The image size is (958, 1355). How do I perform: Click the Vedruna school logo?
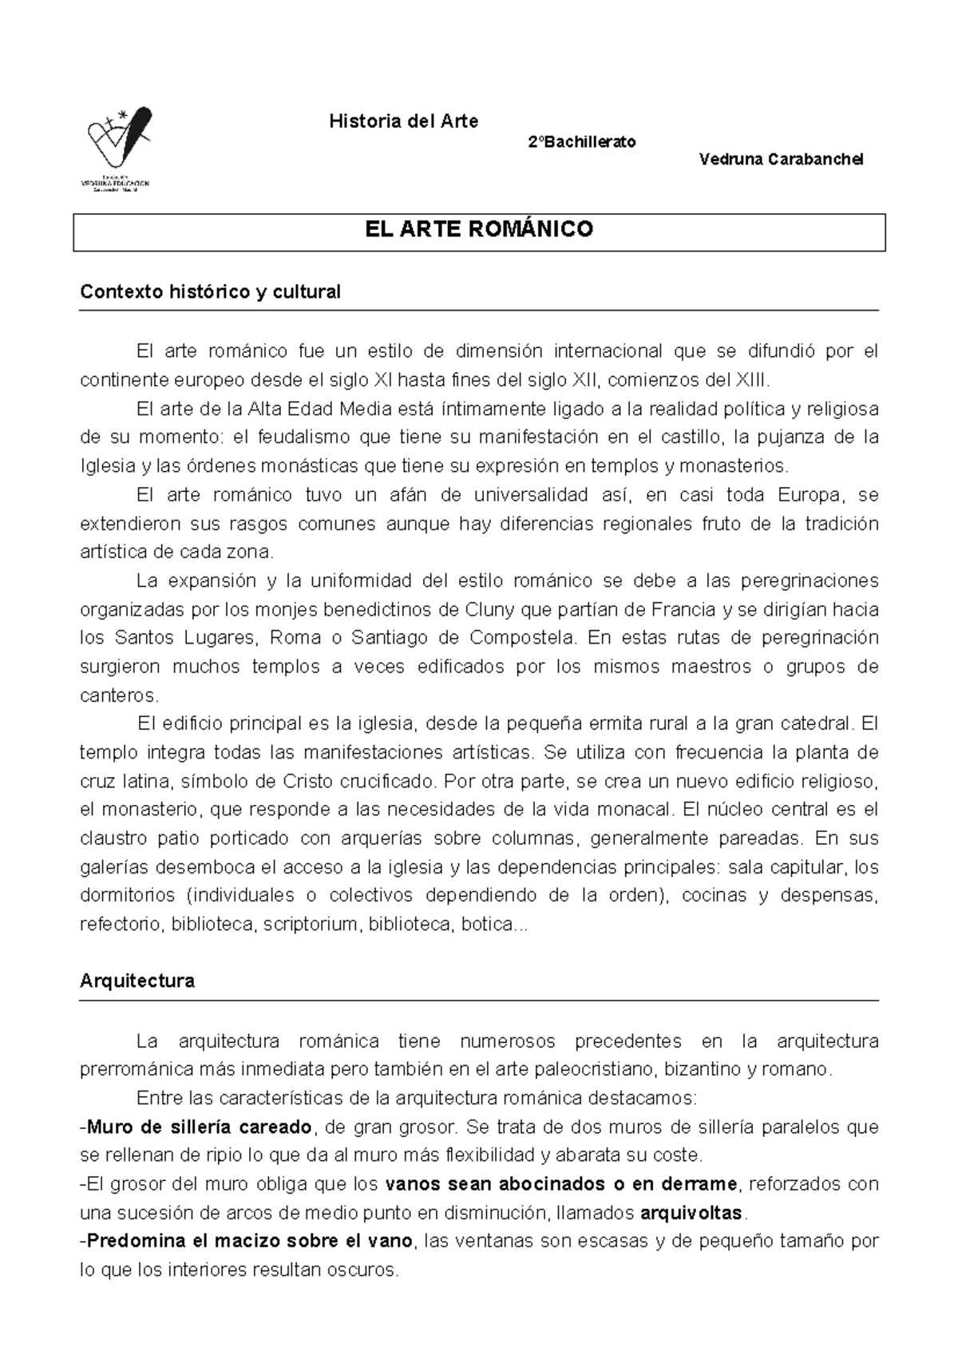118,148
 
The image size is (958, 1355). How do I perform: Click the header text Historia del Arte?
403,121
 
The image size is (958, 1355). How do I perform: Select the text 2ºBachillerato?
582,141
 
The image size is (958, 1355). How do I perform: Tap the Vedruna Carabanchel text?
781,159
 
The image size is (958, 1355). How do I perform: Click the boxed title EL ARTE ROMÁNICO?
479,230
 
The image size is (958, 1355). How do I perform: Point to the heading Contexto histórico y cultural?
210,291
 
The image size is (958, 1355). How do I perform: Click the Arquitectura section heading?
137,981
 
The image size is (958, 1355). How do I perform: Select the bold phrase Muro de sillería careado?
200,1127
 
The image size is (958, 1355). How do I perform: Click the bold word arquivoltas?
691,1213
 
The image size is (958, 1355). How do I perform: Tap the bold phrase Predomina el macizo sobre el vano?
250,1241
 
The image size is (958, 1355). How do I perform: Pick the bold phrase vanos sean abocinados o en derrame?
562,1183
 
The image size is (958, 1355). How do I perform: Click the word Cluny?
489,609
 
